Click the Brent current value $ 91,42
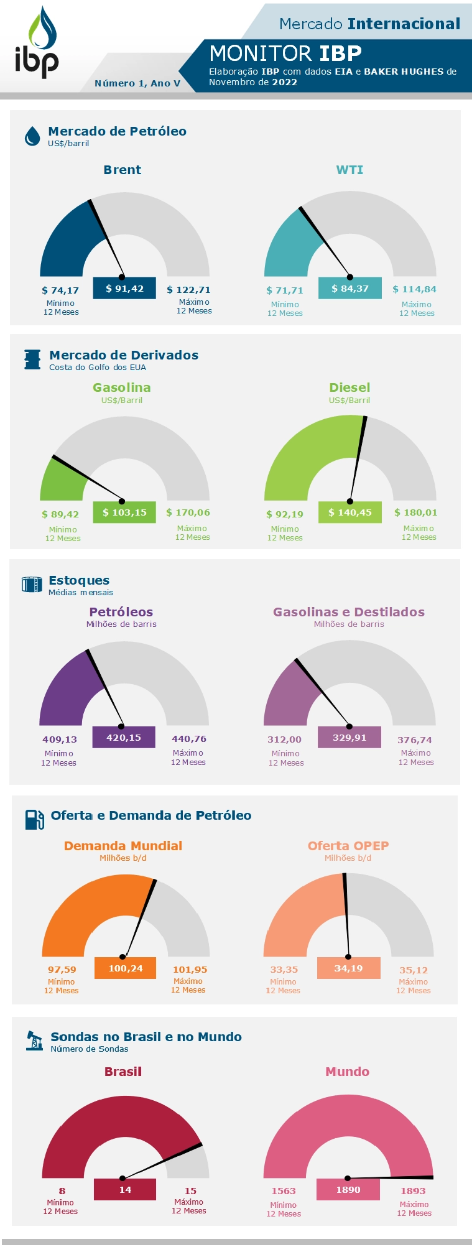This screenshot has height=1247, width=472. click(x=124, y=289)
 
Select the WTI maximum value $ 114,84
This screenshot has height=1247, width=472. click(x=414, y=289)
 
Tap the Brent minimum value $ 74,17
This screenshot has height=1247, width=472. click(x=60, y=290)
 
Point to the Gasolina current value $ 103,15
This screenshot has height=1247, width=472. click(x=124, y=512)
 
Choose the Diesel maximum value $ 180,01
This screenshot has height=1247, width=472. click(x=415, y=512)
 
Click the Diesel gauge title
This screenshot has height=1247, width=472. click(x=349, y=387)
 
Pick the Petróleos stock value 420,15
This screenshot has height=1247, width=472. click(x=124, y=738)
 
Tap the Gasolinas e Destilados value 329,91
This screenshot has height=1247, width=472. click(x=349, y=738)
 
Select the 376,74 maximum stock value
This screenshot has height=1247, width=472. click(x=415, y=740)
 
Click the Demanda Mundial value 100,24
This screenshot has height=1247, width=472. click(x=126, y=968)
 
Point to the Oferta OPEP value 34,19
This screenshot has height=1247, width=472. click(x=348, y=968)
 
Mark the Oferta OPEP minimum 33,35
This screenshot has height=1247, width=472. click(x=284, y=970)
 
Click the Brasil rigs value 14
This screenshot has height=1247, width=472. click(x=125, y=1190)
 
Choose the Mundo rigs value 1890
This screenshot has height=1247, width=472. click(x=348, y=1190)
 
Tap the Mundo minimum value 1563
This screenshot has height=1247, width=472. click(x=284, y=1191)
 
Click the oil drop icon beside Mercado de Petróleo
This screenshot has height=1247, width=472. click(x=32, y=136)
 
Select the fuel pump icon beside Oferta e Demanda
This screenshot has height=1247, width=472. click(x=34, y=820)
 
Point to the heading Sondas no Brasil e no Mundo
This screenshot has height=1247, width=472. click(x=146, y=1037)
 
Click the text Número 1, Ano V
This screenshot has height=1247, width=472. click(x=137, y=83)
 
